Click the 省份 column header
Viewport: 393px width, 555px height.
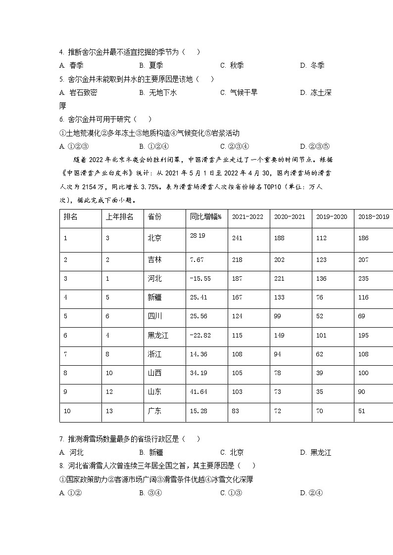point(154,216)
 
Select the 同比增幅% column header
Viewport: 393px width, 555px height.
point(205,216)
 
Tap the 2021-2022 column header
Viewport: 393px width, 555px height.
point(247,216)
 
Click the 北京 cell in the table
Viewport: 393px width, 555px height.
point(154,238)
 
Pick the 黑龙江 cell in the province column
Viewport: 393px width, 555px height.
point(158,335)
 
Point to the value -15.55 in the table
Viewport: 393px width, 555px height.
point(200,279)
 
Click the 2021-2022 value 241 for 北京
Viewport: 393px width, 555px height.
point(237,238)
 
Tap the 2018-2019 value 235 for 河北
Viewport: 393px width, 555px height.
point(363,279)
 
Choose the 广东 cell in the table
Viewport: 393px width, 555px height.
point(154,411)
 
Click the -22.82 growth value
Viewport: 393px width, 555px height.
point(200,335)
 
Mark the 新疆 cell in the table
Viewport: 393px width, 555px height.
point(154,298)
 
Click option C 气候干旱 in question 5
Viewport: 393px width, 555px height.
point(239,92)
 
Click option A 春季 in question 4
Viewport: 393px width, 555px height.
point(71,65)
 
